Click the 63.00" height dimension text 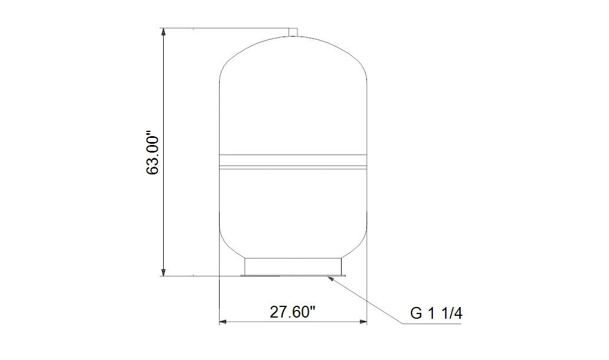coord(153,155)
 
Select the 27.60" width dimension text coord(293,312)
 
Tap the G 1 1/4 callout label coord(436,313)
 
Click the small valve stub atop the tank coord(293,32)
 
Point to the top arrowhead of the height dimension coord(164,32)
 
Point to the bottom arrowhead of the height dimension coord(164,272)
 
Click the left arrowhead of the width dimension coord(223,322)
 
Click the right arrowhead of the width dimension coord(363,322)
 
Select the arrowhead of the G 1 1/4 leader coord(330,278)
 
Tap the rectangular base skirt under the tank coord(293,266)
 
